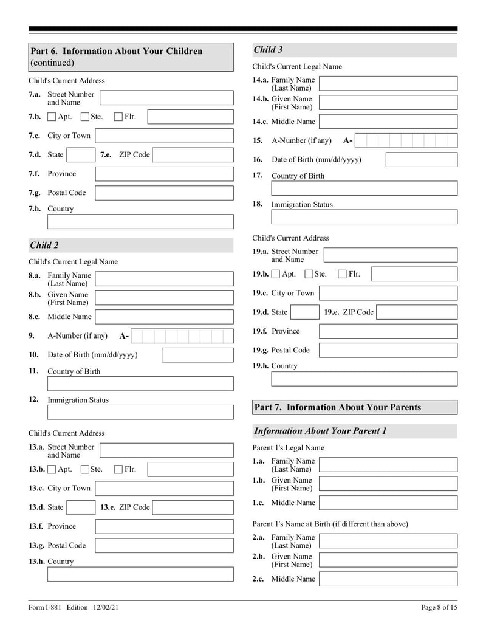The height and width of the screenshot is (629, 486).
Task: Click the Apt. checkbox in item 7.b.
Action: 52,117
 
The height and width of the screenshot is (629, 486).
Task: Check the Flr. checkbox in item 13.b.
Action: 118,469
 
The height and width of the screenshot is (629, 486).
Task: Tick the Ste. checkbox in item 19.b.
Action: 309,274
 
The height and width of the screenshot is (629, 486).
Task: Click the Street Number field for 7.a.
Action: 166,98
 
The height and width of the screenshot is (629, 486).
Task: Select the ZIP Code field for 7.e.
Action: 193,155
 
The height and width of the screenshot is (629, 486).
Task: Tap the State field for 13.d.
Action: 80,507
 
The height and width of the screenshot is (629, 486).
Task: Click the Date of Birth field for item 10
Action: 197,355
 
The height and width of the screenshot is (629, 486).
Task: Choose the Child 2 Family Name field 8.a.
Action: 164,279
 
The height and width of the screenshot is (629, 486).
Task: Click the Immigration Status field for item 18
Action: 364,217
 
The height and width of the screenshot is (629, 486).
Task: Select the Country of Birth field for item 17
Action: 364,188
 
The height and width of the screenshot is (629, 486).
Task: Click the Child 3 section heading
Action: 268,50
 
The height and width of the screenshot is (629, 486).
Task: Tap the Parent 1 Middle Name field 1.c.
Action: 388,503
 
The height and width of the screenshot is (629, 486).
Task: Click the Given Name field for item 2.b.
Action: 388,560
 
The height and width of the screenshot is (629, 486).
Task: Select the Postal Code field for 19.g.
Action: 388,350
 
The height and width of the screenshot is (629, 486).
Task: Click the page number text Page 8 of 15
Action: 439,607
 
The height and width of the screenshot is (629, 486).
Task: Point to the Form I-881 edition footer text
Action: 78,607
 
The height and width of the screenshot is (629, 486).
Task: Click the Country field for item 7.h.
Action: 140,221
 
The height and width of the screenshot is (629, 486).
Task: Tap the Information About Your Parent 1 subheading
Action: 320,431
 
